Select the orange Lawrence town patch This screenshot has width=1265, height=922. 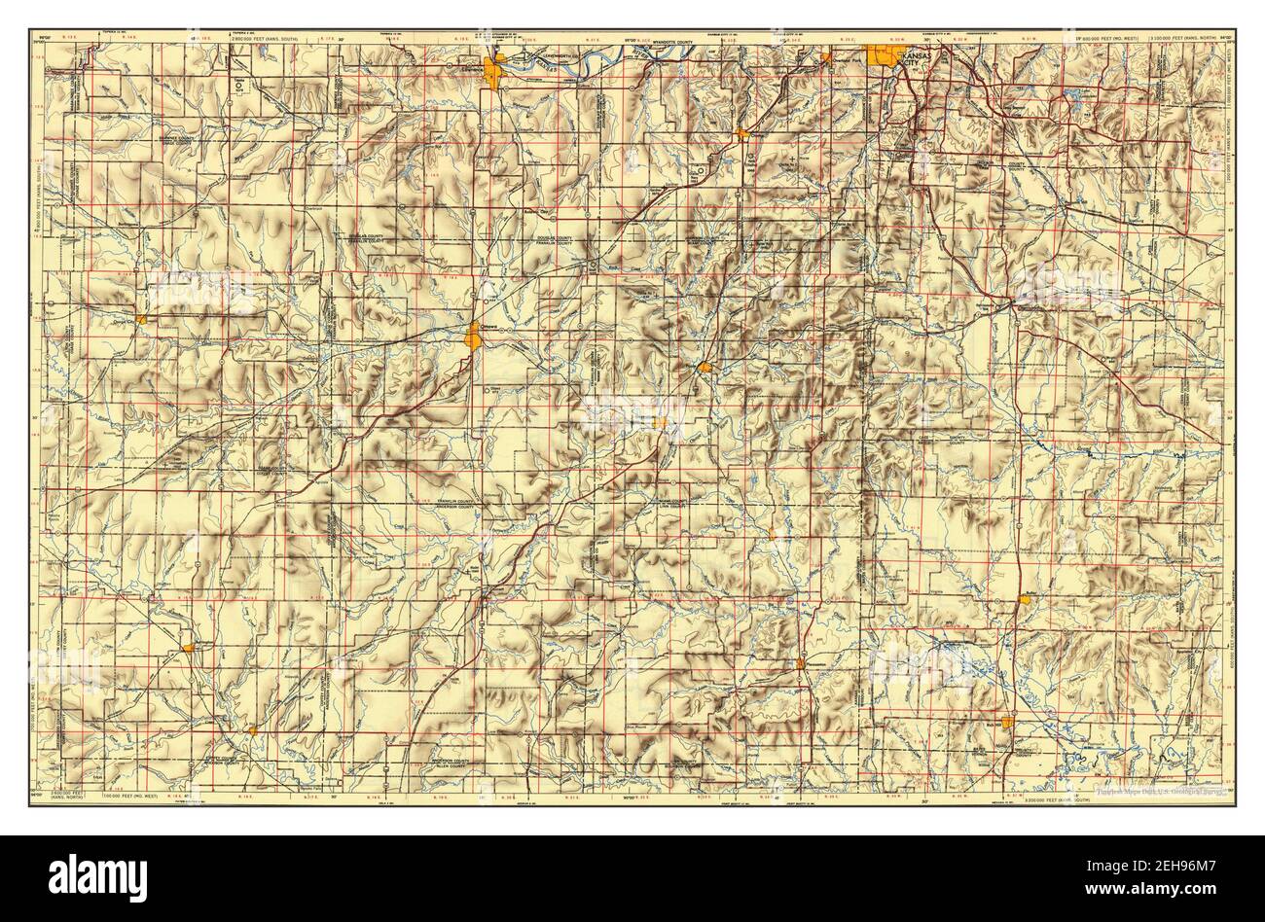498,71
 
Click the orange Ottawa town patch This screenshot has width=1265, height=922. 473,337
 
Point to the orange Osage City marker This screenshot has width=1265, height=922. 142,318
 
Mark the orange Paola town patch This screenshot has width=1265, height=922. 705,367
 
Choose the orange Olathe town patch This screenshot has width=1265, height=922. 742,133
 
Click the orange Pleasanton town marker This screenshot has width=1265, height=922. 800,663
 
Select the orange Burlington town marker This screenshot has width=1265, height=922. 188,646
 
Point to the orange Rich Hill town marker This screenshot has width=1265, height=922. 1008,723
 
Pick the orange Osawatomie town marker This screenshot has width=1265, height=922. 661,422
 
